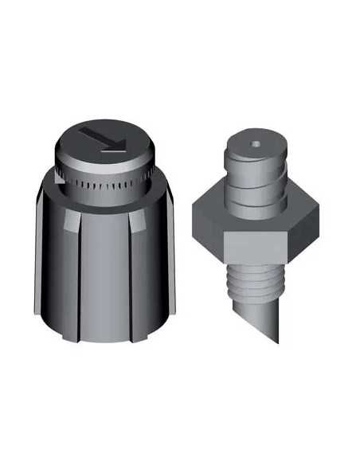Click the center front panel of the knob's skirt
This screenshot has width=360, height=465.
tap(104, 271)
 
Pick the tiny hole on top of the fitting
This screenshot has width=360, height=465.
tap(254, 144)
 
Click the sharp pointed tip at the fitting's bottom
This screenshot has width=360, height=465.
tap(277, 342)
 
